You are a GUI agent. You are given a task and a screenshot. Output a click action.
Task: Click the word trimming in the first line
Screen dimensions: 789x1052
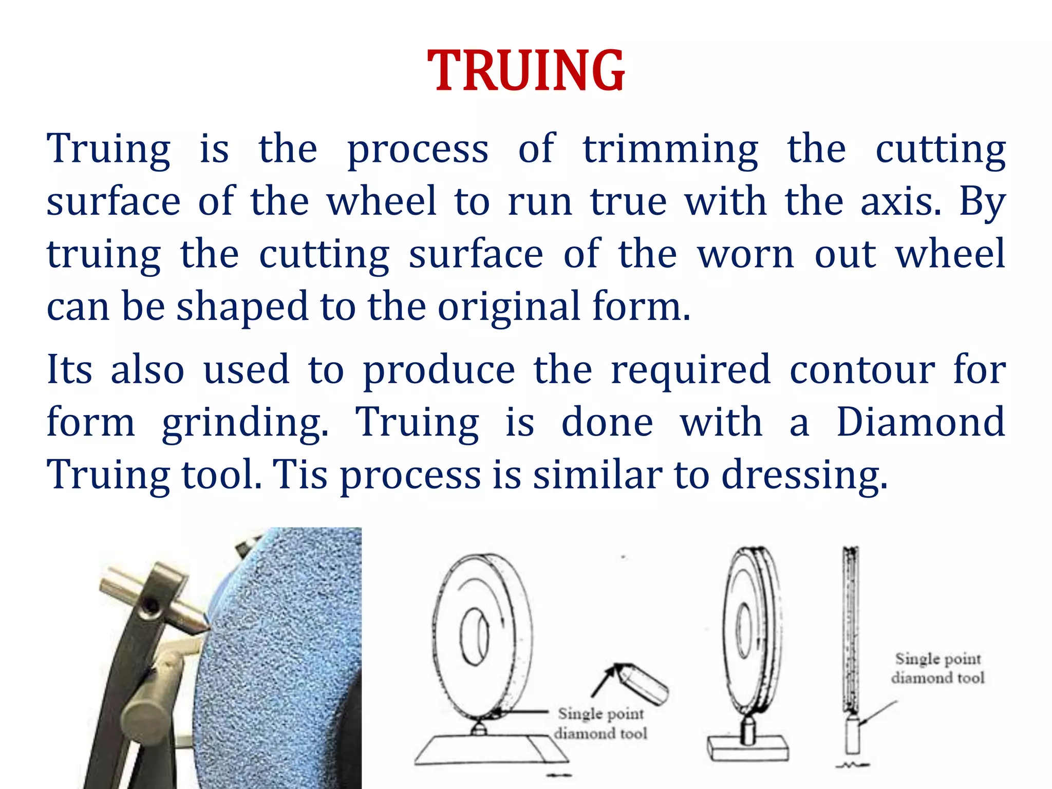(670, 149)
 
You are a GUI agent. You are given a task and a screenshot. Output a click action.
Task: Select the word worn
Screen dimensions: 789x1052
(745, 254)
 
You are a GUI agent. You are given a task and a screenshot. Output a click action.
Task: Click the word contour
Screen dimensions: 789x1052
(862, 369)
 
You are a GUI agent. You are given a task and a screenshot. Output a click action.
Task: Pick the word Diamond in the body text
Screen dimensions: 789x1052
(920, 422)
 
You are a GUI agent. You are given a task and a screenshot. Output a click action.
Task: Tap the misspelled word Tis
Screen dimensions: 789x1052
(300, 475)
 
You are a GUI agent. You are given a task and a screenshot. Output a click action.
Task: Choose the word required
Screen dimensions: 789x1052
(690, 370)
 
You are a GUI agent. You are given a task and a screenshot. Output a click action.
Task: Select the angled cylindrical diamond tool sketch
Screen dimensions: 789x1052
(645, 683)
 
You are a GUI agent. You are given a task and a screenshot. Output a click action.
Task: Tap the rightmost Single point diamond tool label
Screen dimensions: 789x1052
(937, 668)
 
